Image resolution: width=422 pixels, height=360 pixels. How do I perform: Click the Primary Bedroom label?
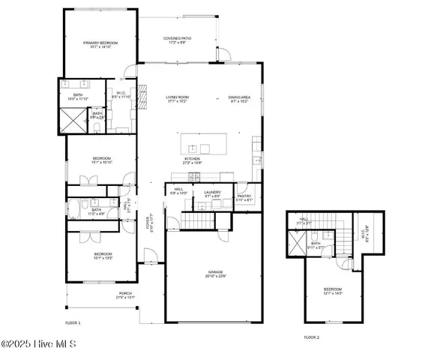[x=100, y=43]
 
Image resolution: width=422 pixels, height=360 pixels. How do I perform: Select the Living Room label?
[x=178, y=97]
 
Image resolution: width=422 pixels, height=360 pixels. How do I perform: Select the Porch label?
[x=125, y=295]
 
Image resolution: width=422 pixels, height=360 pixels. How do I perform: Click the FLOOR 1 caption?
[x=73, y=322]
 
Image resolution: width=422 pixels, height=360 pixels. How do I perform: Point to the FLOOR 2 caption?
[x=311, y=337]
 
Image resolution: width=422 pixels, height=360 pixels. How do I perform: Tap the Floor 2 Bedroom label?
[x=333, y=289]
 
